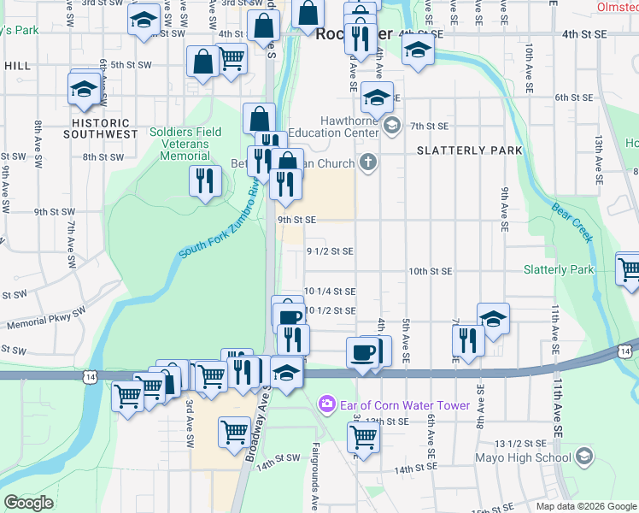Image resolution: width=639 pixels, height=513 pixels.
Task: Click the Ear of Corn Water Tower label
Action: point(404,405)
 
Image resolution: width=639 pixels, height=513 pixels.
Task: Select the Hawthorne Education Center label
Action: point(337,127)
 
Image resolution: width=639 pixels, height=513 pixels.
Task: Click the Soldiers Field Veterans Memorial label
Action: point(185,144)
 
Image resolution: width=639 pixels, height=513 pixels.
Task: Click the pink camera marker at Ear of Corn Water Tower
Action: point(325,404)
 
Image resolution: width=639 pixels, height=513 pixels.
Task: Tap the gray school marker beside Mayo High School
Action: point(583,457)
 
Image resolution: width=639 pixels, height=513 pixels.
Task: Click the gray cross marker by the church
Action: point(368,162)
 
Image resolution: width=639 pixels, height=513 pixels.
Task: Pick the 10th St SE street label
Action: point(430,271)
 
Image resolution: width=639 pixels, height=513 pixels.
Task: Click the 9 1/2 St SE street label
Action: point(330,251)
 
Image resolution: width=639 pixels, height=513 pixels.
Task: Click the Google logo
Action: point(28,503)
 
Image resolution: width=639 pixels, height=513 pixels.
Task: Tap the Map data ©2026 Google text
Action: point(585,506)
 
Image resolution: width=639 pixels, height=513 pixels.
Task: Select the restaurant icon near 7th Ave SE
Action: point(469,339)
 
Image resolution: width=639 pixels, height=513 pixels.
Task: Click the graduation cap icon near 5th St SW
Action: point(85,90)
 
